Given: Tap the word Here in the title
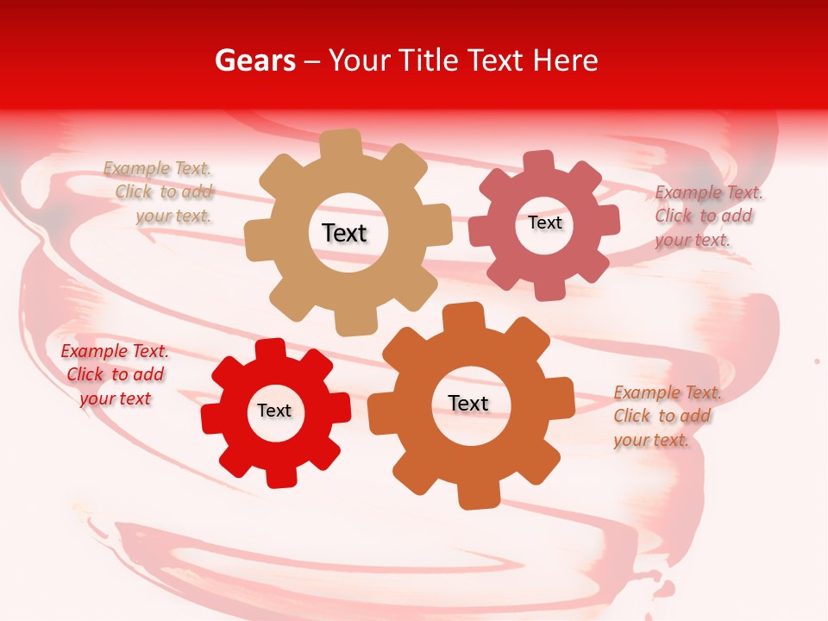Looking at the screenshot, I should (x=565, y=60).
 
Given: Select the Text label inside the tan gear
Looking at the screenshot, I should (x=344, y=233).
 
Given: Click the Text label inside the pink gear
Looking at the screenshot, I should (x=544, y=223).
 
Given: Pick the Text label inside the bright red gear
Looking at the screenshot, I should (x=274, y=411).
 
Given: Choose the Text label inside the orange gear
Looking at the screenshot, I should (x=468, y=403).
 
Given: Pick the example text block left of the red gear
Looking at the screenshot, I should (x=115, y=374).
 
